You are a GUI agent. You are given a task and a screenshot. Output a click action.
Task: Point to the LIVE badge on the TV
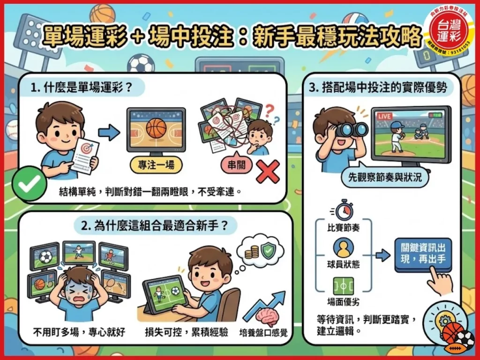383,115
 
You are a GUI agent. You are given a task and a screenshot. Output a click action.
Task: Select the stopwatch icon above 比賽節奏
344,210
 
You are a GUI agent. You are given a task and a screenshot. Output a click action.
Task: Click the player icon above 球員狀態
344,247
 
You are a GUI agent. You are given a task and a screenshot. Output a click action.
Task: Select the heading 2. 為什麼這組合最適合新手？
155,225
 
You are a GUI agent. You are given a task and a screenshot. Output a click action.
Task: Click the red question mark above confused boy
269,111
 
